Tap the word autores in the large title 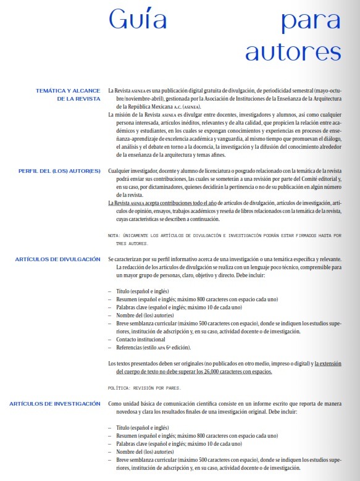(293, 51)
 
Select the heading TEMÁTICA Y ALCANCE (68, 90)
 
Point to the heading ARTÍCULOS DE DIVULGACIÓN (57, 259)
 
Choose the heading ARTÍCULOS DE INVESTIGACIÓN (55, 403)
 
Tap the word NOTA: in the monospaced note (115, 235)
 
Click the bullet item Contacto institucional (141, 340)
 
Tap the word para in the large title (311, 20)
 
